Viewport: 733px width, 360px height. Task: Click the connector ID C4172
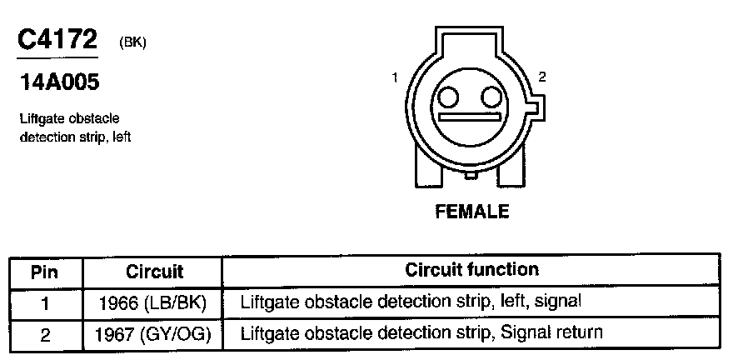click(57, 39)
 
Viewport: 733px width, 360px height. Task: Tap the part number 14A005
click(57, 82)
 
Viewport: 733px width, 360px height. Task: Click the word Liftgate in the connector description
click(40, 119)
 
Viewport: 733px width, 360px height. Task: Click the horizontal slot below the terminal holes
click(472, 117)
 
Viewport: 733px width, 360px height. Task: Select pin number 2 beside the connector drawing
click(541, 77)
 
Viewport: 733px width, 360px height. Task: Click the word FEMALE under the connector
click(471, 212)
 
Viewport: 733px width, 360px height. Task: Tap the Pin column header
click(45, 272)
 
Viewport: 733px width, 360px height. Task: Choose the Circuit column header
click(154, 272)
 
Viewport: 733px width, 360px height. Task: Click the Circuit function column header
click(471, 270)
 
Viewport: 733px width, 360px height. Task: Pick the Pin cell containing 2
click(45, 333)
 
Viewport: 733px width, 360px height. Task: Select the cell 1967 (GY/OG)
click(154, 333)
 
